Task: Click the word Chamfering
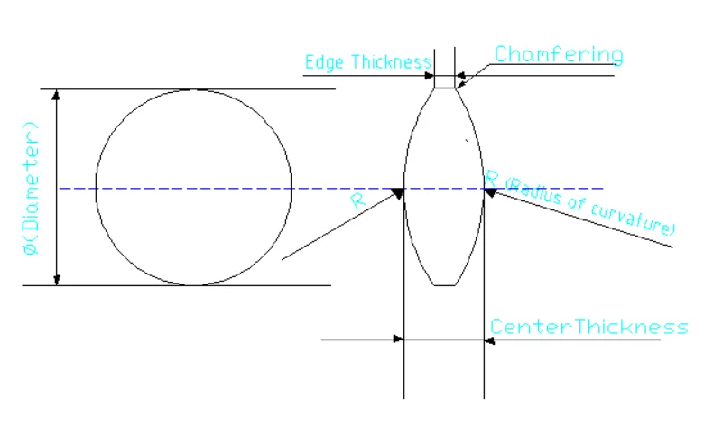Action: [558, 55]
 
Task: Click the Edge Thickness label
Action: [367, 62]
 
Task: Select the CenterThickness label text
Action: [588, 327]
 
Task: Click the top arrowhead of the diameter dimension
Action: [58, 94]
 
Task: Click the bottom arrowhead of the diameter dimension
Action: [58, 280]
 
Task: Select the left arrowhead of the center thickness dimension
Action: [398, 340]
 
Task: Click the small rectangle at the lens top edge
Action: [445, 82]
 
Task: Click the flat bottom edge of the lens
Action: [445, 285]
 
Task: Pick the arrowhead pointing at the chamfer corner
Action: [460, 85]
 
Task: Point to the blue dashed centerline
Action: [271, 189]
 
